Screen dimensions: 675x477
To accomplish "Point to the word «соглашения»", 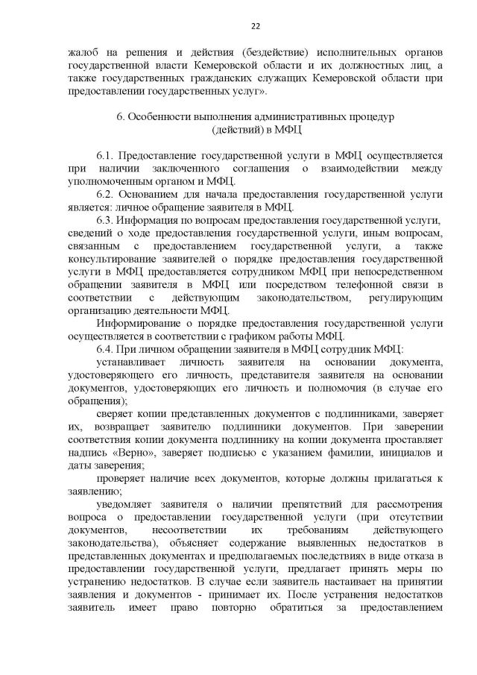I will click(x=259, y=169).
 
